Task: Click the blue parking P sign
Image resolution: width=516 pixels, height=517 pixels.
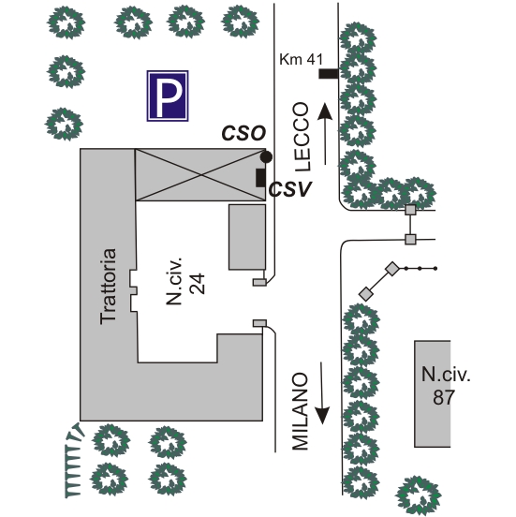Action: click(168, 96)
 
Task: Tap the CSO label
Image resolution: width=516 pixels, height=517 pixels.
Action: click(243, 134)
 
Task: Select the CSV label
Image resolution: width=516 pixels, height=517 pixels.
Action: click(290, 189)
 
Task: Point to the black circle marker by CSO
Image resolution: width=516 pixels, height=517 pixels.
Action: click(266, 157)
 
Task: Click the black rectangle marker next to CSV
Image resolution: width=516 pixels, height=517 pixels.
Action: click(260, 178)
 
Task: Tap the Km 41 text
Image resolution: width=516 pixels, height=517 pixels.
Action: click(301, 60)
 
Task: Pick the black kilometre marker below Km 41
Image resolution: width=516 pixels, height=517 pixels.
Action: click(329, 74)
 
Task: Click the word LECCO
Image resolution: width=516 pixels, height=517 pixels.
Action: click(302, 137)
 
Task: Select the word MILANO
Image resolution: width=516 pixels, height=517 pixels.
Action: click(301, 411)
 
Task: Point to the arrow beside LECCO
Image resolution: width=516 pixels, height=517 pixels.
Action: click(325, 134)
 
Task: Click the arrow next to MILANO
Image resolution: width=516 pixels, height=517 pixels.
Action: click(322, 393)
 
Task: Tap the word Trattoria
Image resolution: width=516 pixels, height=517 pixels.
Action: click(109, 287)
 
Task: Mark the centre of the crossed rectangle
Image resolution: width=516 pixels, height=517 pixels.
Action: click(200, 175)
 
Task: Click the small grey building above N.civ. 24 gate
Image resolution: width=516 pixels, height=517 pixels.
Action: click(247, 237)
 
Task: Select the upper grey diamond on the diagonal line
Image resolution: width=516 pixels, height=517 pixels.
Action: click(392, 269)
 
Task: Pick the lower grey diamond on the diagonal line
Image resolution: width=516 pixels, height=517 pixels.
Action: click(365, 293)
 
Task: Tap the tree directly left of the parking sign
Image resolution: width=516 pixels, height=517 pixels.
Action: click(66, 72)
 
